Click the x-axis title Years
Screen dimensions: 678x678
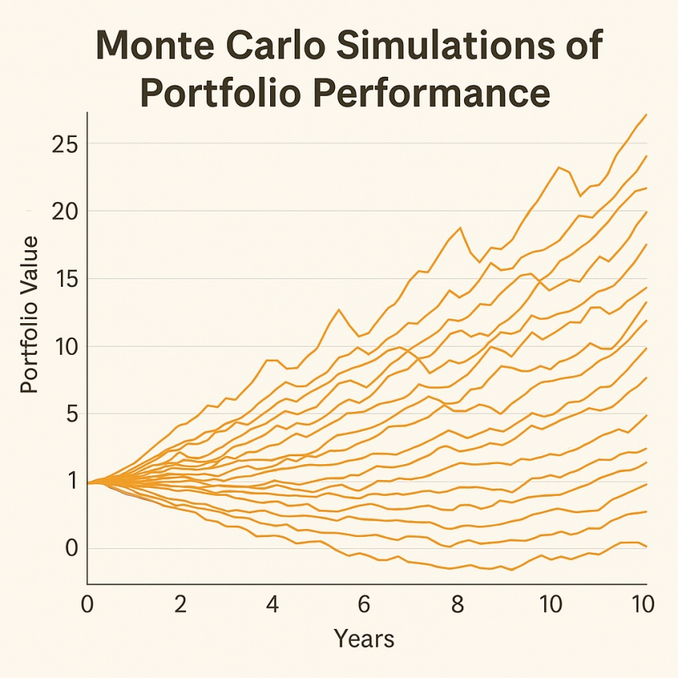tap(364, 638)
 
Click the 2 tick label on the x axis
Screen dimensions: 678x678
tap(180, 605)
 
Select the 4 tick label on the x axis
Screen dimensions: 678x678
tap(272, 605)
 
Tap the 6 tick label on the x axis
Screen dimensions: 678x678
tap(364, 605)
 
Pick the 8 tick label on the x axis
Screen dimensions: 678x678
tap(457, 605)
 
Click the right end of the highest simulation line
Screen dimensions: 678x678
tap(646, 115)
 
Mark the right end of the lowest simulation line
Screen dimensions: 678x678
tap(646, 547)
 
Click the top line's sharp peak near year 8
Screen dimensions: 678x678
tap(460, 227)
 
